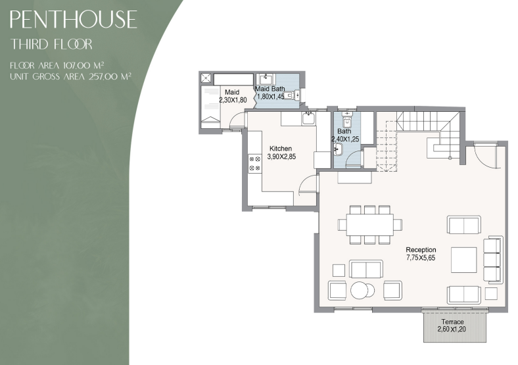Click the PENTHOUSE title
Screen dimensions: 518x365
point(74,19)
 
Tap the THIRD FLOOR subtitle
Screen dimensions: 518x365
point(51,44)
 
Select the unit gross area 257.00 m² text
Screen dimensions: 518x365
point(71,76)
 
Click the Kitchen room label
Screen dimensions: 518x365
point(281,149)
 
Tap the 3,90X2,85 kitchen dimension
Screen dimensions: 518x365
point(281,157)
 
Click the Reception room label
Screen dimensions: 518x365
point(421,250)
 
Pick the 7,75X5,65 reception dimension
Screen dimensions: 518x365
point(421,258)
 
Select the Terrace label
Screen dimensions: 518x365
point(452,322)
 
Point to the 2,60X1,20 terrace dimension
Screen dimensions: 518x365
point(452,329)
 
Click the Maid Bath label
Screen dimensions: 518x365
point(270,89)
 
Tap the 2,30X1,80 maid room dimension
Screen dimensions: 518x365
point(233,100)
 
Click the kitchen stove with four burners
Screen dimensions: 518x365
point(255,163)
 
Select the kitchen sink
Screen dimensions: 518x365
point(308,118)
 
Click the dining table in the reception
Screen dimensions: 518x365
point(370,224)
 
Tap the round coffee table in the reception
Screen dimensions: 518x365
point(360,291)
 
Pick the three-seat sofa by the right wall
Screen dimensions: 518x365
point(493,260)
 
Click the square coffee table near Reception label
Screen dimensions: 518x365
point(464,260)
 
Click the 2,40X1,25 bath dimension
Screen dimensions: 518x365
point(345,139)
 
